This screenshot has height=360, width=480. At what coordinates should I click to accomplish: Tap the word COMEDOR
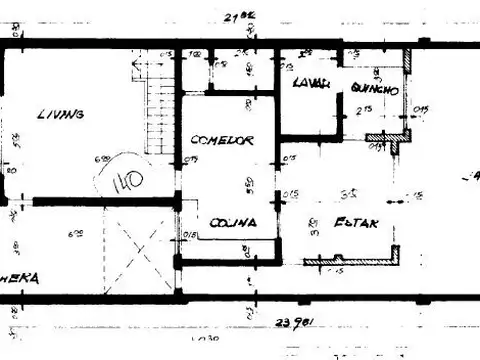(x=221, y=140)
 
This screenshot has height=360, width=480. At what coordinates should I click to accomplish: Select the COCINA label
(x=229, y=223)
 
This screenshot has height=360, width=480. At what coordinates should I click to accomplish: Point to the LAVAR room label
(x=311, y=84)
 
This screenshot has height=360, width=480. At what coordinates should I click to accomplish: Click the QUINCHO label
(x=375, y=90)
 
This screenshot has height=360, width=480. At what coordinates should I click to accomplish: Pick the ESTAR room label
(x=355, y=223)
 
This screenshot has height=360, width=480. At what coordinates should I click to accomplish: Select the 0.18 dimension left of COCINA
(x=190, y=235)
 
